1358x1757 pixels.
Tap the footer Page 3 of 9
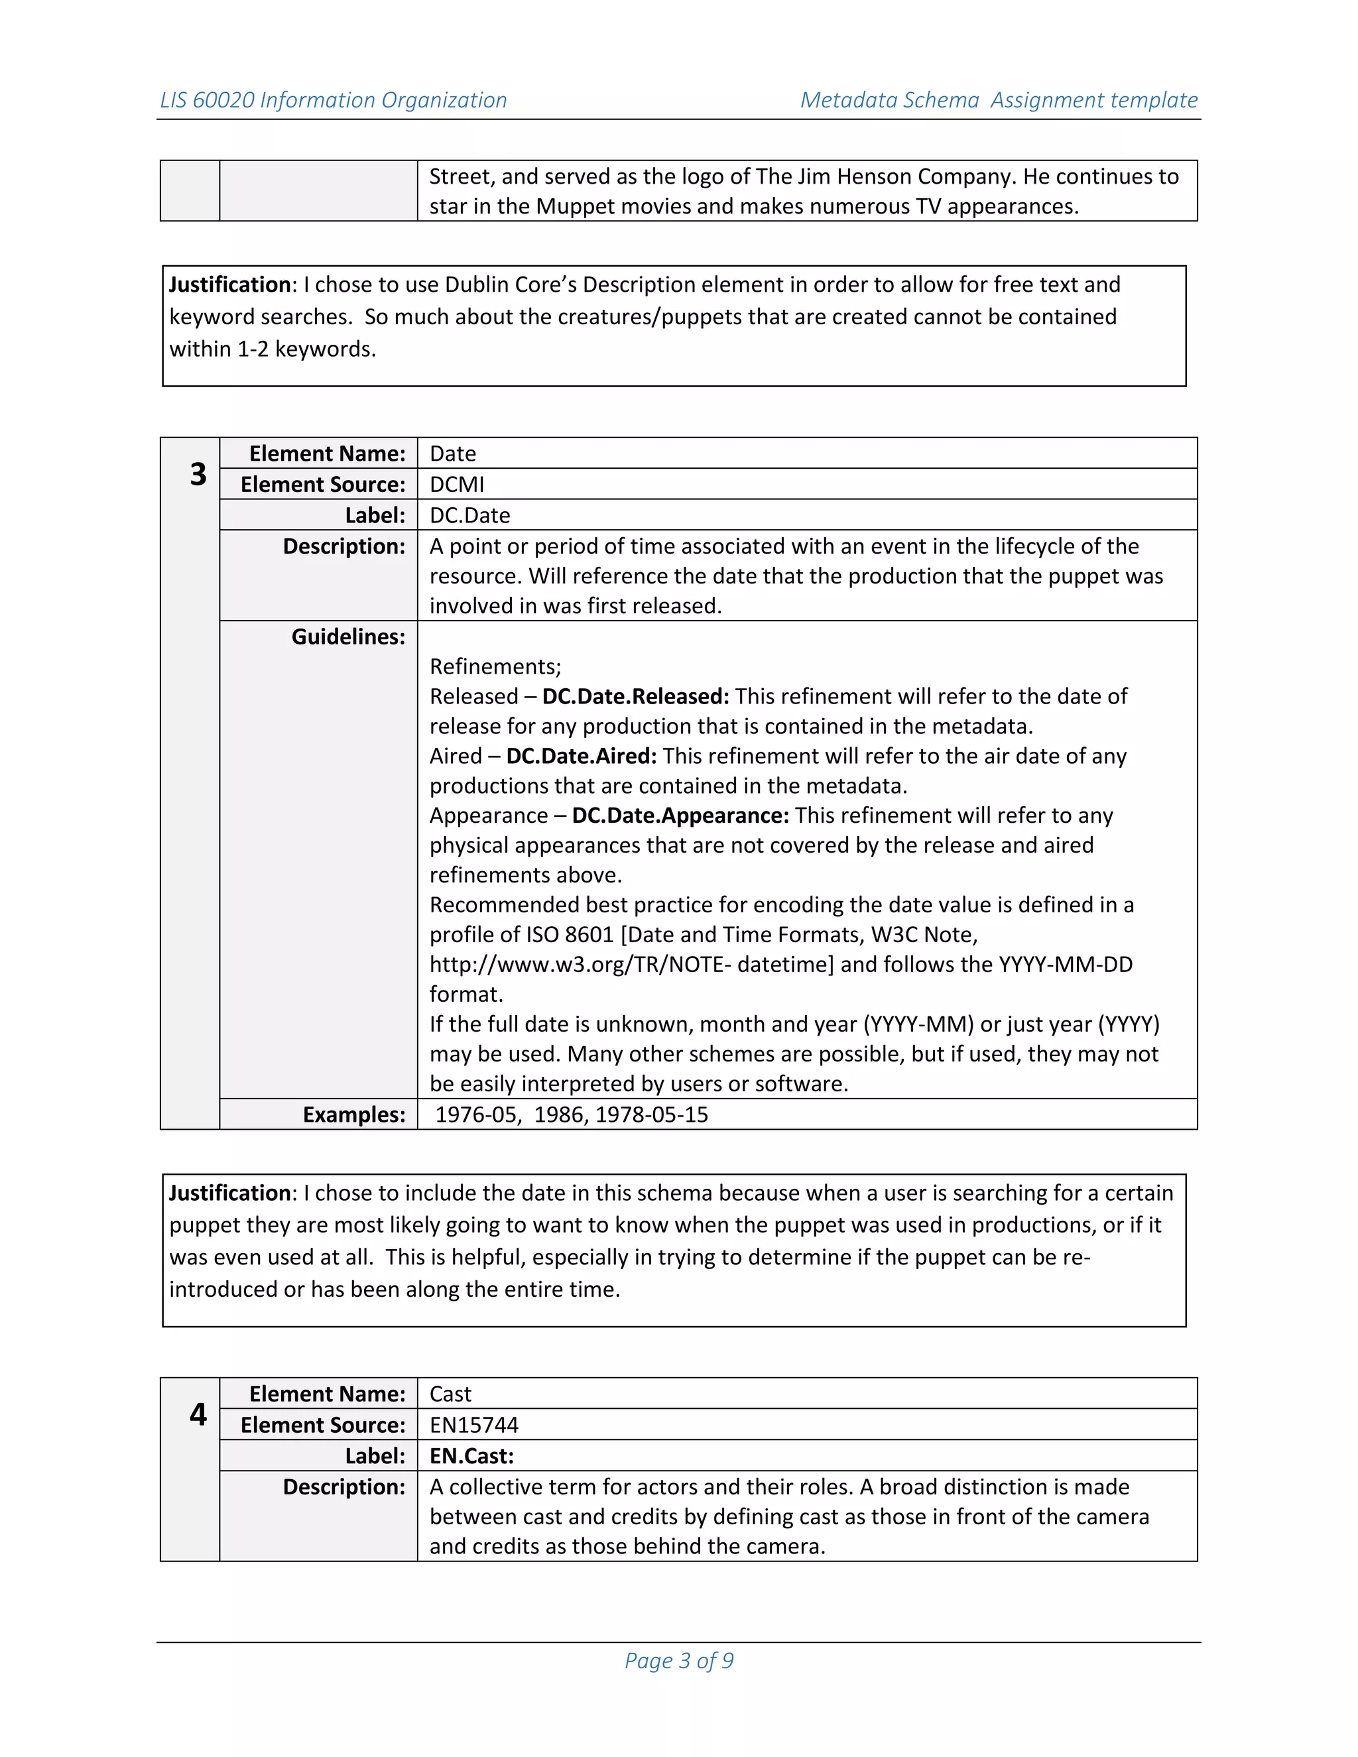[x=678, y=1660]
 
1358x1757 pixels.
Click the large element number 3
[x=198, y=475]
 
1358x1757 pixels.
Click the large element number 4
[x=198, y=1414]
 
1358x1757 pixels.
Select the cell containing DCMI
[x=457, y=484]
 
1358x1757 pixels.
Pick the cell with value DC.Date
[x=470, y=515]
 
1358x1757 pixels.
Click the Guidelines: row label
[x=347, y=636]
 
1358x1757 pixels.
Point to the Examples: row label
[x=354, y=1115]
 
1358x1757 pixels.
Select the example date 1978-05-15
[x=652, y=1115]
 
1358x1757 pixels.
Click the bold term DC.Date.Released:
[x=635, y=696]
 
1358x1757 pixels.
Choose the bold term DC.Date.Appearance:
[x=680, y=815]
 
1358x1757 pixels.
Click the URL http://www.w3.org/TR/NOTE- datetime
[x=631, y=964]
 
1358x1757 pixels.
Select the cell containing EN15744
[x=474, y=1425]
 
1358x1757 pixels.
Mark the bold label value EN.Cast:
[x=471, y=1455]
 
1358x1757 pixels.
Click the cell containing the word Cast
[x=450, y=1394]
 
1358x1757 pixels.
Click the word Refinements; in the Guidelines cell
[x=495, y=666]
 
